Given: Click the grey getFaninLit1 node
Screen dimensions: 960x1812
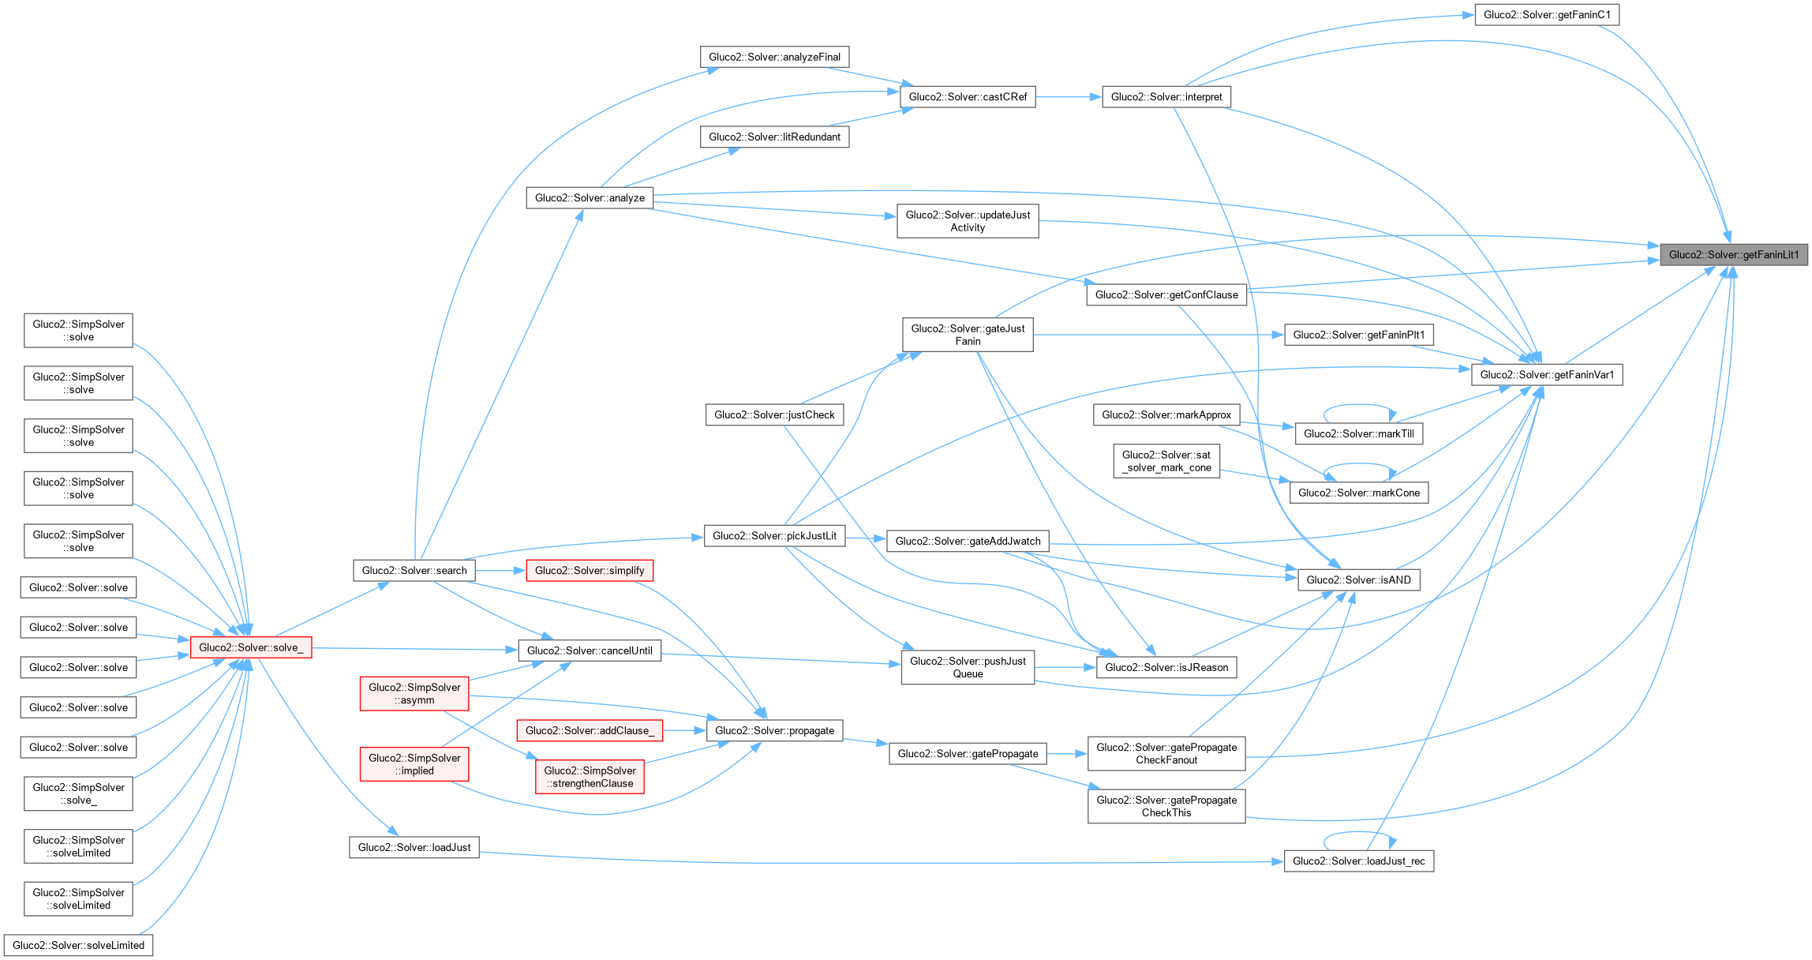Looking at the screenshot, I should (x=1733, y=255).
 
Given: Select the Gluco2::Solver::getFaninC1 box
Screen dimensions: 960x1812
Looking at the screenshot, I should (x=1546, y=15).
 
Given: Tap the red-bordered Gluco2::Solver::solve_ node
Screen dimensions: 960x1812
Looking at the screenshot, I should (x=251, y=647).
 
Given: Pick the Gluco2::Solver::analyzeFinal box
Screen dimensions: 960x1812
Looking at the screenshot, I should (x=774, y=57).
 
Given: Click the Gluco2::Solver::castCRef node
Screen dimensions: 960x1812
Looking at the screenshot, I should (x=968, y=97).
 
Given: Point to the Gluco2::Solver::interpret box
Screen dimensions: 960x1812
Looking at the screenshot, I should (x=1166, y=97).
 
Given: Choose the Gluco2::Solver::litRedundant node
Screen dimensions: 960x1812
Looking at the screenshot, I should (x=774, y=137).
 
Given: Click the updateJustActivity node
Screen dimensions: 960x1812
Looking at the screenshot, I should (x=968, y=221).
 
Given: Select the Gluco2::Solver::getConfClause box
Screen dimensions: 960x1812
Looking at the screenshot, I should (x=1166, y=294).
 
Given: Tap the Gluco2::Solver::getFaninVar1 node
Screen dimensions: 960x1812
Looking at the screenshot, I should (x=1546, y=374).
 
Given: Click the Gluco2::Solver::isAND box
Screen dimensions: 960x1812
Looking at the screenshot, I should (x=1358, y=579).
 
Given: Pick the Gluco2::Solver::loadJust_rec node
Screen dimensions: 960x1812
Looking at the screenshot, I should (x=1358, y=861).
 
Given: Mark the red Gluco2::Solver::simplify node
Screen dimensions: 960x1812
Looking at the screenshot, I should (x=589, y=570).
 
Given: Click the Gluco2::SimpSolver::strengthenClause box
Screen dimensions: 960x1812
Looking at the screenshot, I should (x=590, y=777).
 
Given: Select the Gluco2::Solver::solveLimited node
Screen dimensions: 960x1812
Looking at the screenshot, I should (x=78, y=945).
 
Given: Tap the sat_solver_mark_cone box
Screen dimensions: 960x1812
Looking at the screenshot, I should (x=1166, y=461).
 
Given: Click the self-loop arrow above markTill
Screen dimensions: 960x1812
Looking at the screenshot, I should (x=1359, y=406).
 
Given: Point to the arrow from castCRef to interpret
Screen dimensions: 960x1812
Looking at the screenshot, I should (x=1069, y=97).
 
